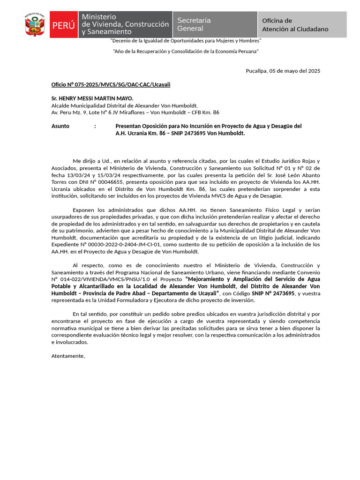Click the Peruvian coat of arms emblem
35,25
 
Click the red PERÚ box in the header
64,25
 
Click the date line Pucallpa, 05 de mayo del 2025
283,71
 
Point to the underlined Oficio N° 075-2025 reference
111,84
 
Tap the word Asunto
60,126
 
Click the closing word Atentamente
68,356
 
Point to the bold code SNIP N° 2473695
273,293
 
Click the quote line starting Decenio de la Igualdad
186,41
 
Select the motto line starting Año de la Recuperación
186,51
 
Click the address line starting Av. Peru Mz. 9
135,112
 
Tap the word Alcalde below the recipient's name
60,105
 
